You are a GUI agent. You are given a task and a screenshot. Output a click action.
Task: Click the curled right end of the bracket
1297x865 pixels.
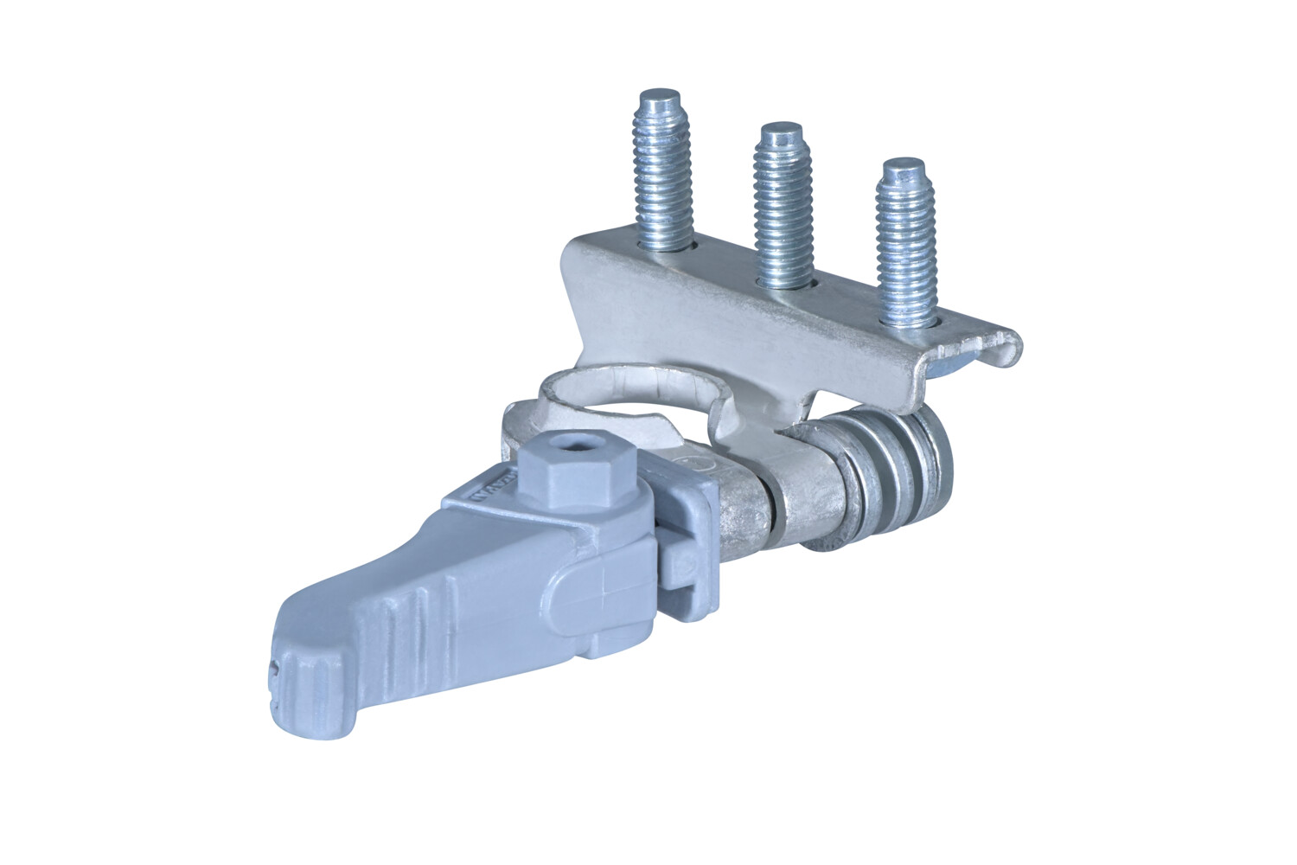tap(1007, 350)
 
